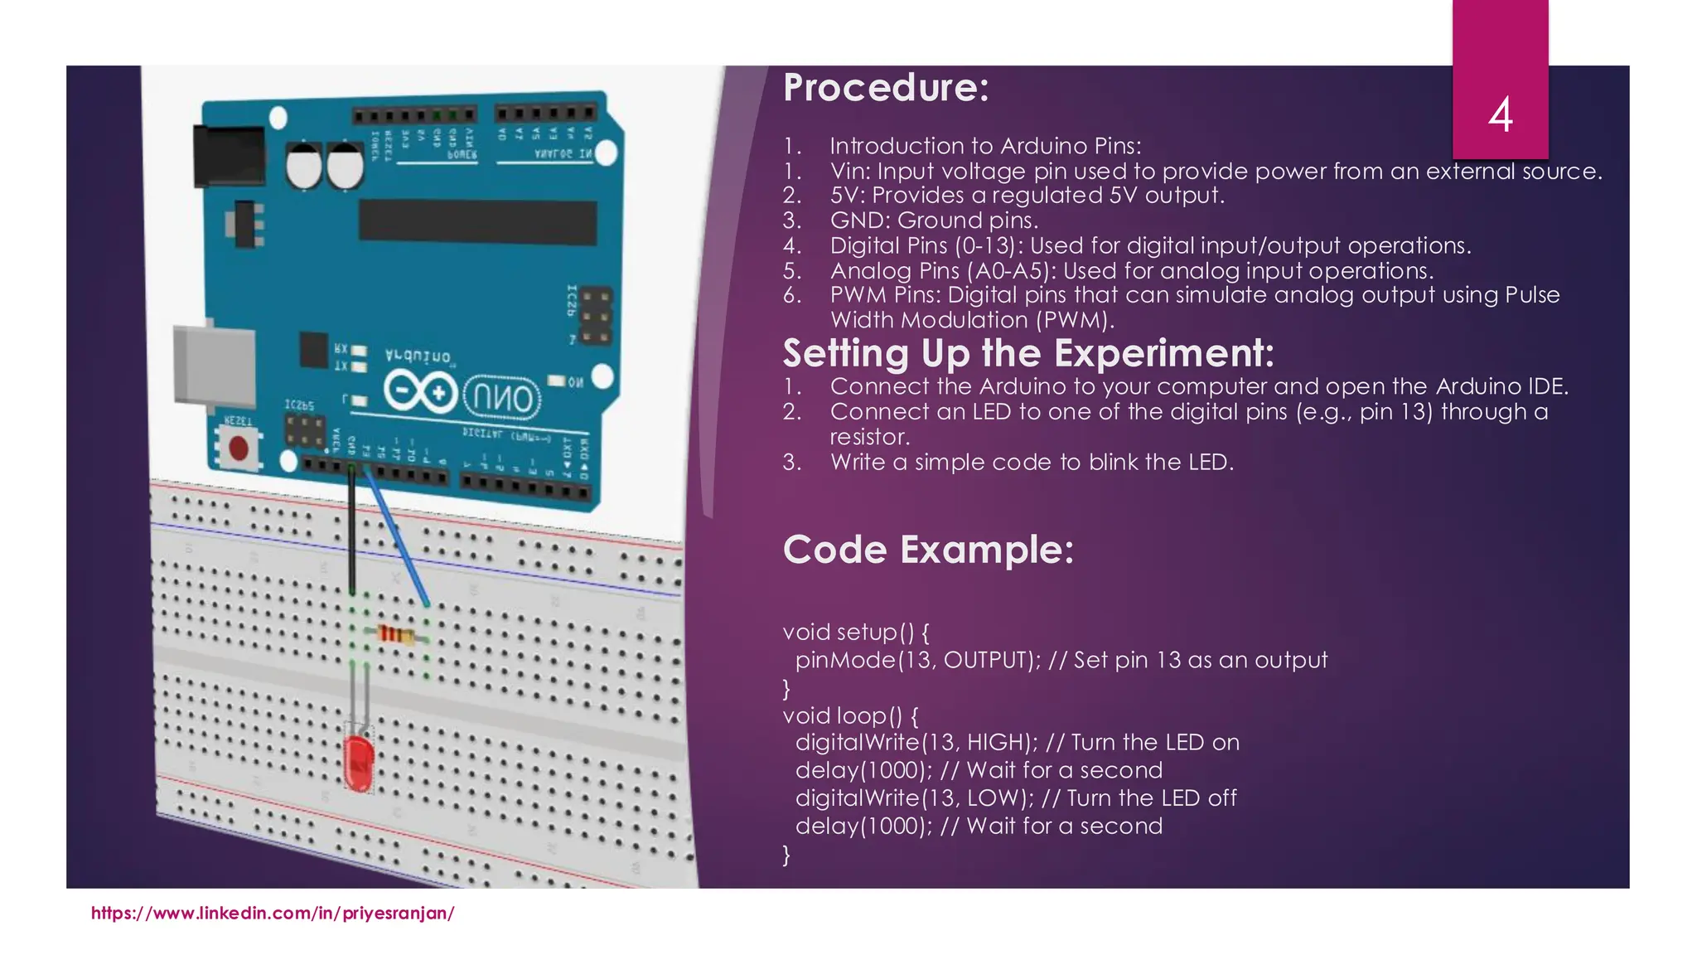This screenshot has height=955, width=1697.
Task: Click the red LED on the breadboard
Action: [x=359, y=761]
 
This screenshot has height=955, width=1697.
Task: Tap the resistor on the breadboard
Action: [x=397, y=635]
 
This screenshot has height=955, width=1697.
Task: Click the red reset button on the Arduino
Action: [x=239, y=448]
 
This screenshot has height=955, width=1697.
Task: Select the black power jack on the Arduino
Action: [x=228, y=155]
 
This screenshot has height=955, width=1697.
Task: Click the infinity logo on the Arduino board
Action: [x=421, y=392]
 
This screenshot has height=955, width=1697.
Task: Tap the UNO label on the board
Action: [x=502, y=399]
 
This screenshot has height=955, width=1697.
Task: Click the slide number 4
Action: [x=1500, y=114]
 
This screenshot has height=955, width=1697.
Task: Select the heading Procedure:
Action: [x=886, y=88]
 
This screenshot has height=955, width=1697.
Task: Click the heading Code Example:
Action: [x=928, y=550]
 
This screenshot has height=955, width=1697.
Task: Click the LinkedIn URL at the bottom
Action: [x=273, y=914]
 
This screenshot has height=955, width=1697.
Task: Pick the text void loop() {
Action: [x=850, y=715]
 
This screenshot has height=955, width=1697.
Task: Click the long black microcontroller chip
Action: [x=477, y=221]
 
